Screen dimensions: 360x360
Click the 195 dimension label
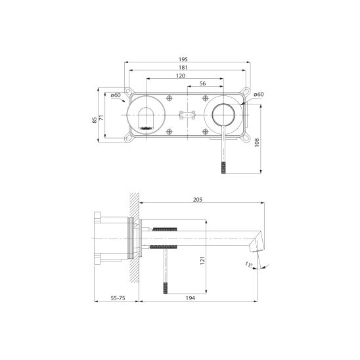click(x=183, y=59)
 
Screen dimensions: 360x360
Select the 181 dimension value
click(x=183, y=68)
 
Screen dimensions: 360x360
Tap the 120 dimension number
click(x=181, y=76)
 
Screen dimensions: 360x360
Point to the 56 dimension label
click(x=203, y=83)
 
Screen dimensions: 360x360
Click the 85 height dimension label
click(x=95, y=120)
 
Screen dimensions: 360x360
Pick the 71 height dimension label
click(x=101, y=118)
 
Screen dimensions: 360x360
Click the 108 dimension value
click(x=257, y=143)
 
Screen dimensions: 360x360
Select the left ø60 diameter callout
click(x=116, y=95)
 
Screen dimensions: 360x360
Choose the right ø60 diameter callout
click(x=259, y=95)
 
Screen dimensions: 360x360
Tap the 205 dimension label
click(x=198, y=200)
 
